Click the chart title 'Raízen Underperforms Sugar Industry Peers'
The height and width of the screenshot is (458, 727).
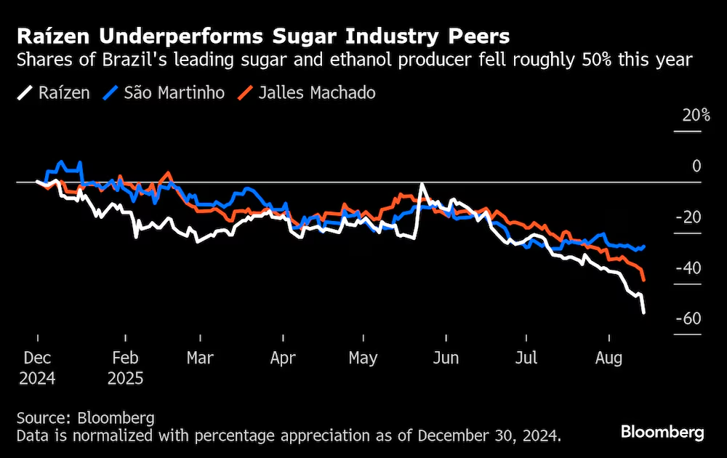click(263, 36)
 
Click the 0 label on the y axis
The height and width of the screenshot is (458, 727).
click(696, 166)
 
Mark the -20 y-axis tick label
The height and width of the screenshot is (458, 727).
click(687, 217)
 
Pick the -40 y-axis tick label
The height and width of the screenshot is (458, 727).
click(687, 268)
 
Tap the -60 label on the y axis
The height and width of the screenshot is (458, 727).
click(687, 319)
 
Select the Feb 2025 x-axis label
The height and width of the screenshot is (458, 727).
click(125, 368)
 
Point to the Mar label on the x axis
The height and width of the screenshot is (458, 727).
click(200, 358)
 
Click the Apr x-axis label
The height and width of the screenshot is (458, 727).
click(282, 358)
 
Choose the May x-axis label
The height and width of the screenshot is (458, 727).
click(363, 358)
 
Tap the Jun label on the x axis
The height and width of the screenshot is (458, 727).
click(445, 358)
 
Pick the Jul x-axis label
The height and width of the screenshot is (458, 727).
click(526, 358)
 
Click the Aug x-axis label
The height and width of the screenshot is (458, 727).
click(609, 358)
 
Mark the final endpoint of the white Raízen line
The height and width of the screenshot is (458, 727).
click(644, 313)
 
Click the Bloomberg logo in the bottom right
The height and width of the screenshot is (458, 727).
click(662, 432)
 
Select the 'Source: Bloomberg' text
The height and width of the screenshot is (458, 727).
click(86, 418)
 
